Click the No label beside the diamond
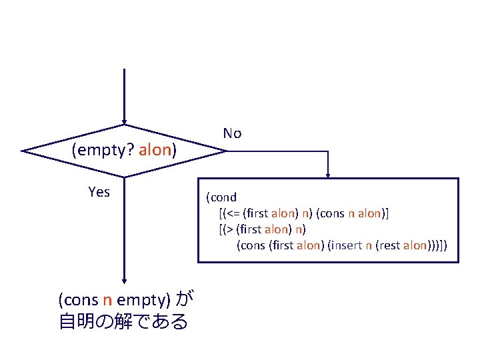(232, 133)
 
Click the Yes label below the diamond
(99, 192)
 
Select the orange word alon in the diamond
(155, 150)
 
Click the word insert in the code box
(347, 245)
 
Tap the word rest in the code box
(391, 245)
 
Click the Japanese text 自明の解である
(123, 322)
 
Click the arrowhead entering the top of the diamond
(124, 121)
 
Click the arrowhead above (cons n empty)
(124, 283)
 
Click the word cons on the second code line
(331, 213)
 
